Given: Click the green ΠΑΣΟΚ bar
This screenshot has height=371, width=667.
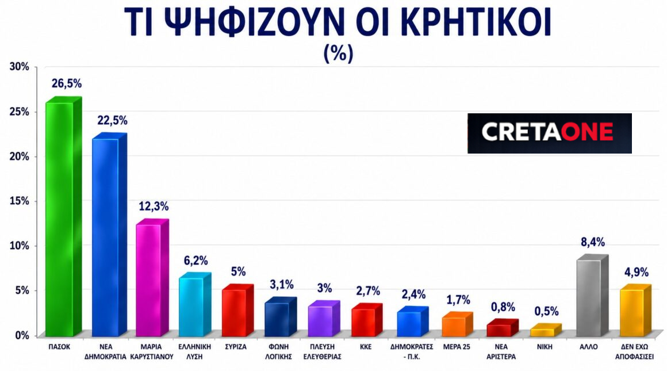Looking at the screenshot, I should click(59, 219).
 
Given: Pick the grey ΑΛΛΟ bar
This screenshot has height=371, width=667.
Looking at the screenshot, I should click(588, 297).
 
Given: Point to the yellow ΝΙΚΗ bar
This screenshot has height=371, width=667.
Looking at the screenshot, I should click(541, 332).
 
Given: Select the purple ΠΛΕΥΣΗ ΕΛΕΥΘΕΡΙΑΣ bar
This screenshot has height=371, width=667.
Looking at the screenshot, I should click(320, 321).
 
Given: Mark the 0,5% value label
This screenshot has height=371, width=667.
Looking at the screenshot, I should click(546, 311).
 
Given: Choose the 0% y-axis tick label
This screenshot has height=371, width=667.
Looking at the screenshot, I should click(21, 335).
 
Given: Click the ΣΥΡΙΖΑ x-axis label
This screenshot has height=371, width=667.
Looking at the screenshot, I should click(237, 347).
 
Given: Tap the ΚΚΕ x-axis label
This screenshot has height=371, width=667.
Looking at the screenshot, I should click(366, 347).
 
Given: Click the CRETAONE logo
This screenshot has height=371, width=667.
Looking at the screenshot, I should click(549, 133).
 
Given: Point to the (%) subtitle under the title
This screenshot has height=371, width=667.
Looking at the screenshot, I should click(339, 53).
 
